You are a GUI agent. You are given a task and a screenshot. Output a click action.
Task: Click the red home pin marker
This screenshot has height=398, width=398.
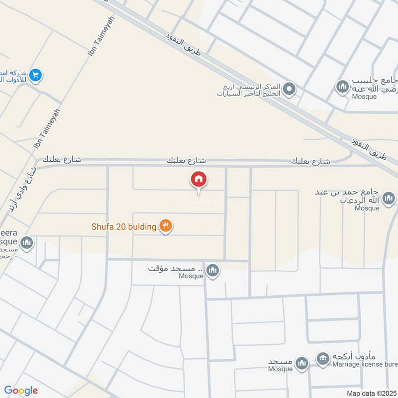click(199, 179)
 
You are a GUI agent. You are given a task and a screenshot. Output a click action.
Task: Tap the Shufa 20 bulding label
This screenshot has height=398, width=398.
click(124, 227)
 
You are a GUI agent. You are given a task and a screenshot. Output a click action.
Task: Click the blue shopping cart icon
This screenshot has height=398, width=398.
click(35, 75)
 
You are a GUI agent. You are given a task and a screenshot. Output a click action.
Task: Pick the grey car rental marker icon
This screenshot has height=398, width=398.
click(290, 90)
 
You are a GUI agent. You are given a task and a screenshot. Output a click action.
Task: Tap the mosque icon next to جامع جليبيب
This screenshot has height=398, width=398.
click(342, 88)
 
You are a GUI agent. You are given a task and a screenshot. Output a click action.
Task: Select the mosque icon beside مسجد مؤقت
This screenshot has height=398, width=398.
click(213, 270)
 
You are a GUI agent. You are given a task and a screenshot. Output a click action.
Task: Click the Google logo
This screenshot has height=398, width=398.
click(21, 391)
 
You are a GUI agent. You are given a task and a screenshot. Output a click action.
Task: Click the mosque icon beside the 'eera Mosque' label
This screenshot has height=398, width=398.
click(27, 243)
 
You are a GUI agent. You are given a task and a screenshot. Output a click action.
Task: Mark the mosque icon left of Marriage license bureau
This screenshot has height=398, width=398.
click(301, 365)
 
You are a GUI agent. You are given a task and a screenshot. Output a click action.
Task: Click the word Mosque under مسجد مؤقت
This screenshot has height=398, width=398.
click(192, 276)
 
